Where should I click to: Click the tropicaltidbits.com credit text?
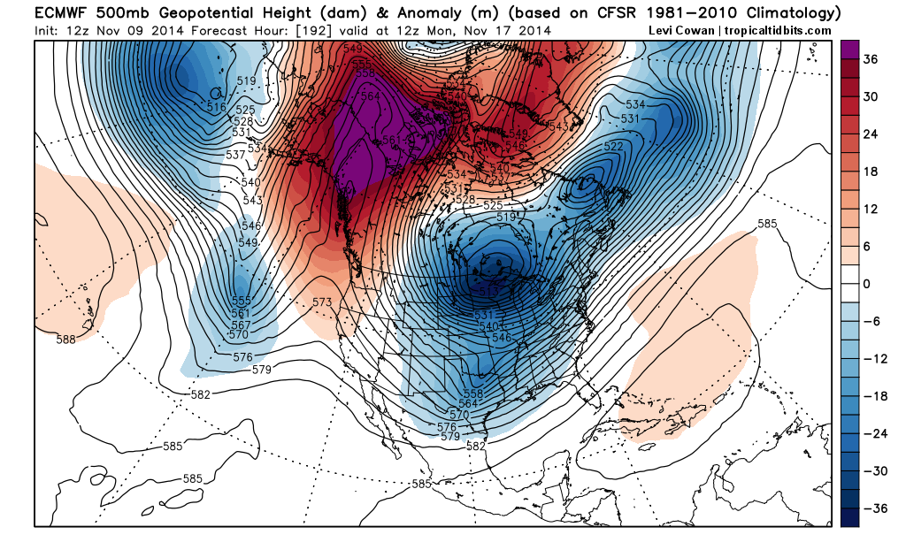coord(779,30)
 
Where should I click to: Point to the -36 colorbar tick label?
coord(874,508)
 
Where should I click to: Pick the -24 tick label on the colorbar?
coord(874,433)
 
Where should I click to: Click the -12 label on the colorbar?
coord(874,358)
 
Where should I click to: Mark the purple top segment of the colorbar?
coord(849,50)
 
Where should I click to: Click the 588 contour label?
coord(65,339)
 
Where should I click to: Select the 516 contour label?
coord(217,107)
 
